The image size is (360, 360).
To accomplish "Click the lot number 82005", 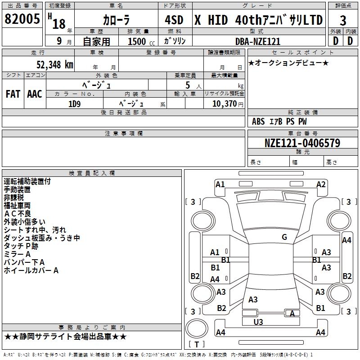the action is pyautogui.click(x=22, y=19).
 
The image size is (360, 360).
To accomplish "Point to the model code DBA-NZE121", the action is pyautogui.click(x=258, y=41).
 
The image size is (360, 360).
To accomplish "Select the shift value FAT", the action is pyautogui.click(x=13, y=94).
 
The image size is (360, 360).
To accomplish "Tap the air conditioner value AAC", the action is pyautogui.click(x=35, y=94).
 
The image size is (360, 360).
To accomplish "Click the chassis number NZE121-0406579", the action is pyautogui.click(x=302, y=143).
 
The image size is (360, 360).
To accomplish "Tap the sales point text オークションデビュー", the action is pyautogui.click(x=288, y=63).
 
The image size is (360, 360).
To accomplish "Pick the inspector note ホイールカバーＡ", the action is pyautogui.click(x=31, y=270).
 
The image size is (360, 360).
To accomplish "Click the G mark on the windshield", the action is pyautogui.click(x=284, y=237).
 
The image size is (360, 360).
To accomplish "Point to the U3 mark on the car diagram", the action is pyautogui.click(x=258, y=322).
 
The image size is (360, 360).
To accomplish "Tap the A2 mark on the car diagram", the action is pyautogui.click(x=321, y=184).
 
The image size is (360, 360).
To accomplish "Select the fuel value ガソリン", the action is pyautogui.click(x=174, y=41).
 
